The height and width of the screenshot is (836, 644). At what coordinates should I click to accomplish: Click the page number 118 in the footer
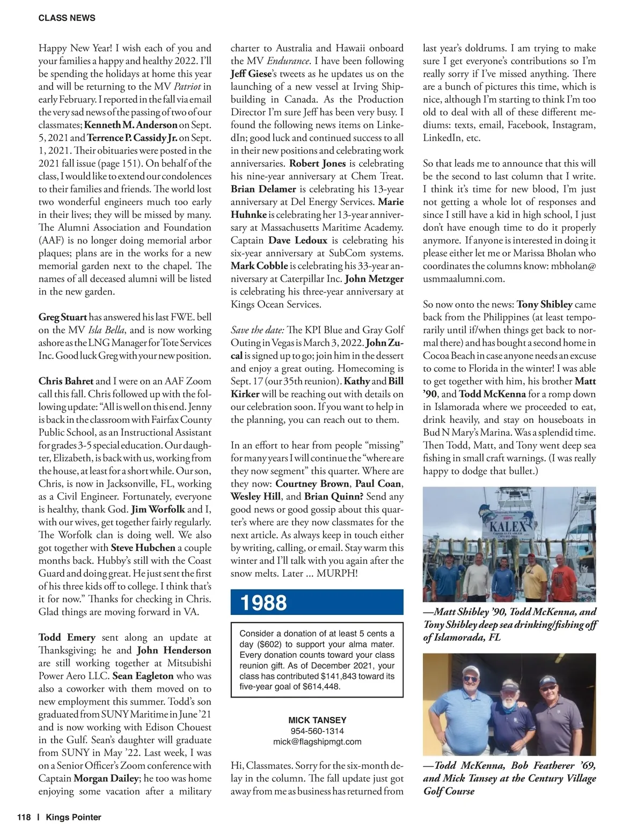(24, 817)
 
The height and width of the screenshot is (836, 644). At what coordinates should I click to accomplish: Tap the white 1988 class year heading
(264, 603)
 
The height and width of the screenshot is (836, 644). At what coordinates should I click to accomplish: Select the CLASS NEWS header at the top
(67, 18)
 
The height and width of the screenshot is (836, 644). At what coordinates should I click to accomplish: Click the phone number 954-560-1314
(317, 731)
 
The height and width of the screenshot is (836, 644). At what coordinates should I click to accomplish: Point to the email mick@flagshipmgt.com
(317, 742)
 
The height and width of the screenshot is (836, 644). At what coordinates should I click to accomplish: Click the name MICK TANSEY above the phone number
(317, 720)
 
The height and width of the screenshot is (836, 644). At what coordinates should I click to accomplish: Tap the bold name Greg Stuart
(62, 317)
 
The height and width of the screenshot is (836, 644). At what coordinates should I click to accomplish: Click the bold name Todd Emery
(67, 637)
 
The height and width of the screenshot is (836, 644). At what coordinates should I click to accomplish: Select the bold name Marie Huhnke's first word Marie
(391, 202)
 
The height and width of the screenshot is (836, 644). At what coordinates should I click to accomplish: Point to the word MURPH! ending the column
(337, 573)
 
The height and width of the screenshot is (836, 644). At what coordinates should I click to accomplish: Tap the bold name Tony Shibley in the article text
(544, 304)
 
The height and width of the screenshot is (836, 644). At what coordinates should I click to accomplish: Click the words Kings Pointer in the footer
(74, 817)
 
